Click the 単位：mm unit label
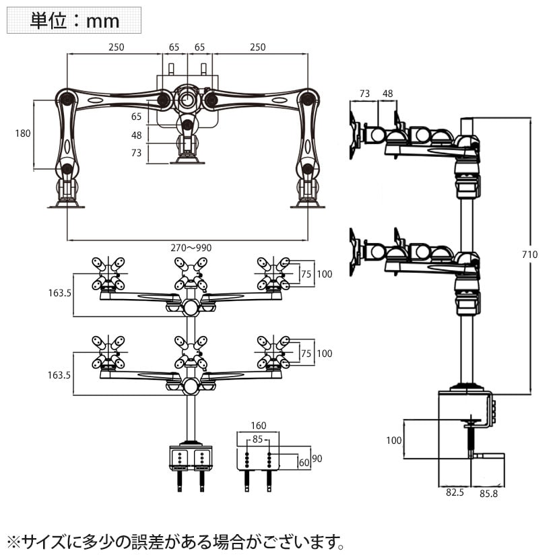pyautogui.click(x=74, y=20)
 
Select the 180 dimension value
pyautogui.click(x=23, y=133)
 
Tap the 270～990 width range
pyautogui.click(x=190, y=248)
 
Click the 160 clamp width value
pyautogui.click(x=258, y=426)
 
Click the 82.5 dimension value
pyautogui.click(x=455, y=493)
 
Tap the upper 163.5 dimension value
pyautogui.click(x=59, y=294)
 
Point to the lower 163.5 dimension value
pyautogui.click(x=59, y=374)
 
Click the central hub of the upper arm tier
pyautogui.click(x=191, y=308)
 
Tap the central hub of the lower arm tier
pyautogui.click(x=191, y=386)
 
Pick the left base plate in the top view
pyautogui.click(x=66, y=205)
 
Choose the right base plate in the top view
pyautogui.click(x=308, y=205)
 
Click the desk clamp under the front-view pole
pyautogui.click(x=190, y=458)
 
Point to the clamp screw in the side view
pyautogui.click(x=469, y=440)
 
